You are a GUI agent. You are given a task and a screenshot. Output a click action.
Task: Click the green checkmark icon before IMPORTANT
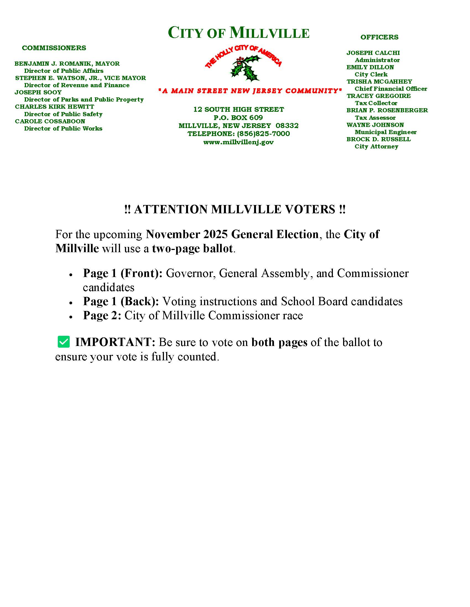pos(64,342)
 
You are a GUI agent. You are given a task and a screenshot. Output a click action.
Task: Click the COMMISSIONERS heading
pos(54,48)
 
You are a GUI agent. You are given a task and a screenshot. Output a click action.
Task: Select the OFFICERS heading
pos(379,37)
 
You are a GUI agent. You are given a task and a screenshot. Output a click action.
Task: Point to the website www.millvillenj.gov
pos(238,142)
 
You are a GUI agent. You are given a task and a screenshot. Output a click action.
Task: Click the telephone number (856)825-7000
pos(263,134)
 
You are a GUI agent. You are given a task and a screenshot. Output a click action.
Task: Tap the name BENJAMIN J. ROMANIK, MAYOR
pos(67,64)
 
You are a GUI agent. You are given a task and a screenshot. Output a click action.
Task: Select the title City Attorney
pos(376,147)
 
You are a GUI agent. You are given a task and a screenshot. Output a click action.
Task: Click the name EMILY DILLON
pos(370,67)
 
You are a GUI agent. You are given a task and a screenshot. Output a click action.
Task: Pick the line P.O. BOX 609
pos(238,118)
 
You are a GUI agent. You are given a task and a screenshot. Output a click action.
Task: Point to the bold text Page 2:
pos(102,315)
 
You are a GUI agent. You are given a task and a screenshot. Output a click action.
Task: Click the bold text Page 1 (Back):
pos(121,301)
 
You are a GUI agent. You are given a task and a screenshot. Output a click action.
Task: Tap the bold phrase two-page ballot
pos(192,248)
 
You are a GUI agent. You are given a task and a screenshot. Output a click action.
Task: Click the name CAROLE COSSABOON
pos(50,121)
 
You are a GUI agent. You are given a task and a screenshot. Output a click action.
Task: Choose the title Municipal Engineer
pos(385,132)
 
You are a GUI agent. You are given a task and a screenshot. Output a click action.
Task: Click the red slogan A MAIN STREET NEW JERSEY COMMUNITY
pos(250,91)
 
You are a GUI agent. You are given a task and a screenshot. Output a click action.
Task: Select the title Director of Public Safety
pos(63,114)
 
